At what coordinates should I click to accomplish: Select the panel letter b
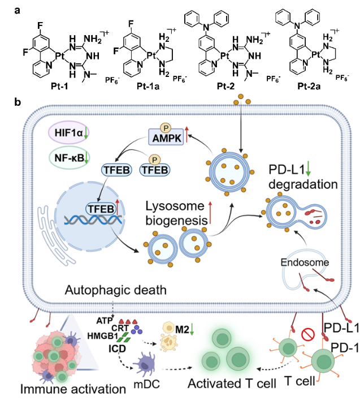click(18, 102)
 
